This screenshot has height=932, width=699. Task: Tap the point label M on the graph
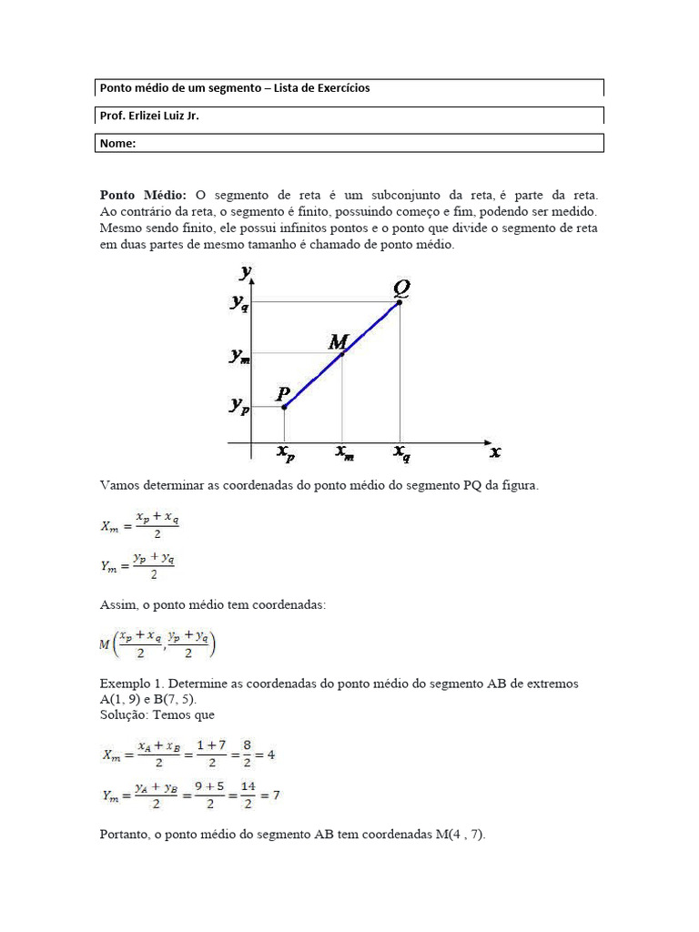pyautogui.click(x=338, y=342)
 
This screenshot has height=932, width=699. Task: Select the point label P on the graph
pyautogui.click(x=284, y=393)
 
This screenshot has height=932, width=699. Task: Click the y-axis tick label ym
pyautogui.click(x=239, y=357)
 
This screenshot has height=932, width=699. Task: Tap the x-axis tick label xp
pyautogui.click(x=285, y=452)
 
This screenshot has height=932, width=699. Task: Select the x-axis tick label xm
pyautogui.click(x=344, y=452)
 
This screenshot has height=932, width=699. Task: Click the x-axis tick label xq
pyautogui.click(x=401, y=452)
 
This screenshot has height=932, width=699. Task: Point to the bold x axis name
pyautogui.click(x=495, y=451)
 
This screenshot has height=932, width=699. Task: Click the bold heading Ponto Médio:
pyautogui.click(x=143, y=195)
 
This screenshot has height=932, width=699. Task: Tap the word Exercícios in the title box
pyautogui.click(x=340, y=88)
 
